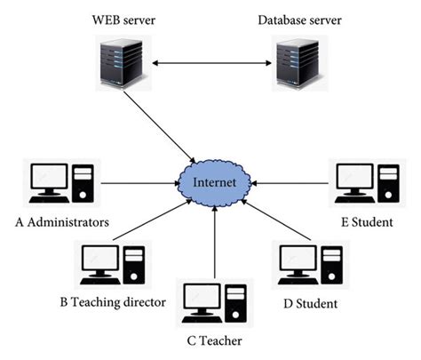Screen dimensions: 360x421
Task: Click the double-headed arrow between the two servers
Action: click(210, 64)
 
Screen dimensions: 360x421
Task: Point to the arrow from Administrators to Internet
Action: click(138, 184)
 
